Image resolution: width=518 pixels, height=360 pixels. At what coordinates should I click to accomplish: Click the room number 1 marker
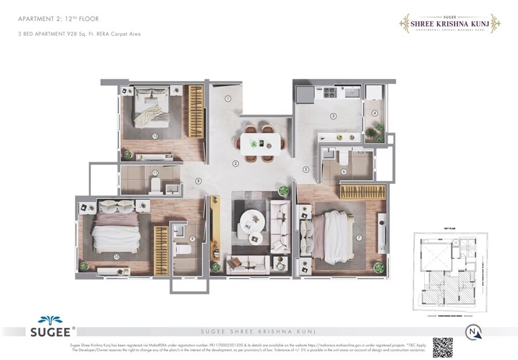tap(228, 98)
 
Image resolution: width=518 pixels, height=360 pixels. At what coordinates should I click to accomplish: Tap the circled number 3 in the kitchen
tap(333, 116)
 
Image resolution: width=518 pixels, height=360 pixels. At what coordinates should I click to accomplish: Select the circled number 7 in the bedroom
tap(359, 237)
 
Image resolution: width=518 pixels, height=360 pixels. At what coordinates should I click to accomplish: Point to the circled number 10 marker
tap(116, 256)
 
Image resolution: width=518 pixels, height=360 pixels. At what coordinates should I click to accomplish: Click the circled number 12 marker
tap(155, 136)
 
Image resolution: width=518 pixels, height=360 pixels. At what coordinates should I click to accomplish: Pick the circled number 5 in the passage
tap(306, 169)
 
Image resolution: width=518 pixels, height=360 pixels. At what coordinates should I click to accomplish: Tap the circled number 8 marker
tap(199, 181)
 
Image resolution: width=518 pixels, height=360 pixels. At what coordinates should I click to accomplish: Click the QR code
tap(443, 347)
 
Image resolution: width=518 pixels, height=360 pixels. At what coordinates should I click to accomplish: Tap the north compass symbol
tap(473, 331)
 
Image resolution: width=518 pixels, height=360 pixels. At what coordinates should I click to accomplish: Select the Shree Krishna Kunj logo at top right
tap(450, 23)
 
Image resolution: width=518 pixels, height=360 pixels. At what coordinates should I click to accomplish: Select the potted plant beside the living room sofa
tap(283, 190)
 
